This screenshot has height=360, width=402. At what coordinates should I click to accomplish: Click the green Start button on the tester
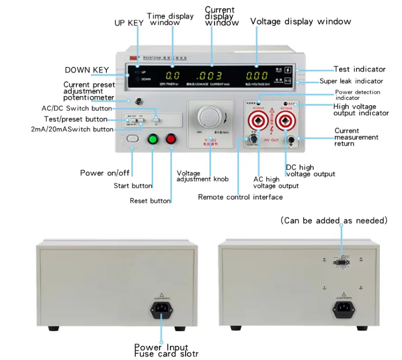click(153, 139)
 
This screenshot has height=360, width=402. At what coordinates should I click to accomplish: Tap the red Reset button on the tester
click(171, 139)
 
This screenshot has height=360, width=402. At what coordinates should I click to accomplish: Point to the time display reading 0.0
click(172, 76)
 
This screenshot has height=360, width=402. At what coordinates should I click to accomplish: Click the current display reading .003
click(210, 76)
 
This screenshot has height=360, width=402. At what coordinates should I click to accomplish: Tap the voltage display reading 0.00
click(257, 76)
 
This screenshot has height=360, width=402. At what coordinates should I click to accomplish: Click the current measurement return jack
click(291, 140)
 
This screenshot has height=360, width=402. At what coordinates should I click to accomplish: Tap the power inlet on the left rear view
click(161, 308)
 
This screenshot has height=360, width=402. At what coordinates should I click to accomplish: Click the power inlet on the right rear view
click(343, 308)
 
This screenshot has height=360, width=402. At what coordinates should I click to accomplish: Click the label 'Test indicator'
click(359, 70)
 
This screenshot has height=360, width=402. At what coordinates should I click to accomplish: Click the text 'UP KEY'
click(129, 23)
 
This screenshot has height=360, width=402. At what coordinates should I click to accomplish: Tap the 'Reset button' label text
click(150, 201)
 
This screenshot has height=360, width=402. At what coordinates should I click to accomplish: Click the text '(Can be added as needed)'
click(334, 221)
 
